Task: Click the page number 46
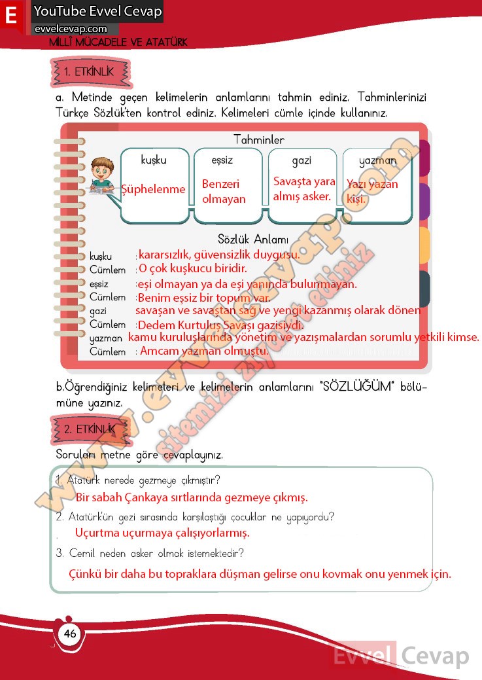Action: tap(69, 634)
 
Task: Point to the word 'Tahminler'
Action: tap(258, 139)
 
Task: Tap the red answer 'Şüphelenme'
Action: tap(154, 189)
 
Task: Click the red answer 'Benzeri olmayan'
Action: tap(224, 192)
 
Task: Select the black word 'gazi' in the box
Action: tap(301, 160)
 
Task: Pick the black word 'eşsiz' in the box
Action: tap(222, 160)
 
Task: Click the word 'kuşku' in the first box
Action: tap(154, 160)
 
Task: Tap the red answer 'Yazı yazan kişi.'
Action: tap(371, 191)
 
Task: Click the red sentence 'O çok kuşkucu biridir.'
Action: tap(192, 269)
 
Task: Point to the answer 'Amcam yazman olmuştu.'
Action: tap(204, 351)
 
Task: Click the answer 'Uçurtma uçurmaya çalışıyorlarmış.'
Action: tap(162, 533)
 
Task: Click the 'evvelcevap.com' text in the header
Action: tap(71, 29)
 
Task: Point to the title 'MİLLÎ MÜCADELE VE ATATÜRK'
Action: tap(118, 42)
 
